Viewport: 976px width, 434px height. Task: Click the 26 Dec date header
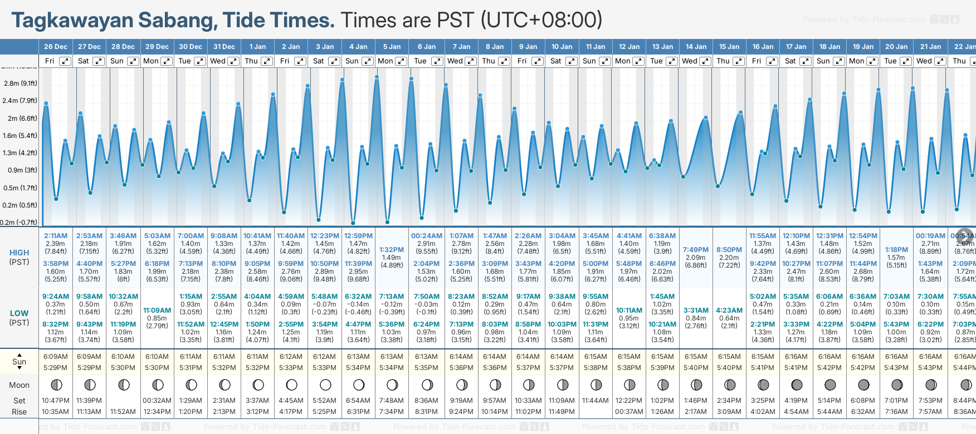pyautogui.click(x=56, y=47)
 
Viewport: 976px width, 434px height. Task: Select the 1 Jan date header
pyautogui.click(x=257, y=47)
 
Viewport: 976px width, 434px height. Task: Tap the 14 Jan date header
pyautogui.click(x=696, y=47)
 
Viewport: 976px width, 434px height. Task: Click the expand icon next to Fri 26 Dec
pyautogui.click(x=65, y=61)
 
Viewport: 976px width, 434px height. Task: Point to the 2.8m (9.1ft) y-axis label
pyautogui.click(x=21, y=83)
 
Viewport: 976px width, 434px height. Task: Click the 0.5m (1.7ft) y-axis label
pyautogui.click(x=21, y=188)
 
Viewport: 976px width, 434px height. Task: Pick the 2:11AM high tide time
pyautogui.click(x=56, y=236)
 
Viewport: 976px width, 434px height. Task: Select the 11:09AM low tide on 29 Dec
pyautogui.click(x=157, y=310)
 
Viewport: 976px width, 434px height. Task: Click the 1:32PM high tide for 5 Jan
pyautogui.click(x=392, y=250)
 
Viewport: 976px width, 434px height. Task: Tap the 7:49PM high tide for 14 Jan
pyautogui.click(x=696, y=250)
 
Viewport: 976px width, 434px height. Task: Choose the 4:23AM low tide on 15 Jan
pyautogui.click(x=729, y=310)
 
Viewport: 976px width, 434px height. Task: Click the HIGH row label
pyautogui.click(x=19, y=253)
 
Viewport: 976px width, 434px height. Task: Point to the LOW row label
pyautogui.click(x=19, y=313)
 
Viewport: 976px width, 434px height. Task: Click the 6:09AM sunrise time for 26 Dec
pyautogui.click(x=56, y=357)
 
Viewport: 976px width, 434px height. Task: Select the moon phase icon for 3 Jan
pyautogui.click(x=325, y=384)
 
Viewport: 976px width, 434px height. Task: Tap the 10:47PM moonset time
pyautogui.click(x=56, y=401)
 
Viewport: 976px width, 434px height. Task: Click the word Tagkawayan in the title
pyautogui.click(x=72, y=21)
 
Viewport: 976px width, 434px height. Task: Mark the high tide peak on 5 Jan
pyautogui.click(x=377, y=77)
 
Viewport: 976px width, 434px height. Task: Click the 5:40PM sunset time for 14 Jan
pyautogui.click(x=696, y=368)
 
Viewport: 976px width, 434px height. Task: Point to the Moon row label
pyautogui.click(x=19, y=385)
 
